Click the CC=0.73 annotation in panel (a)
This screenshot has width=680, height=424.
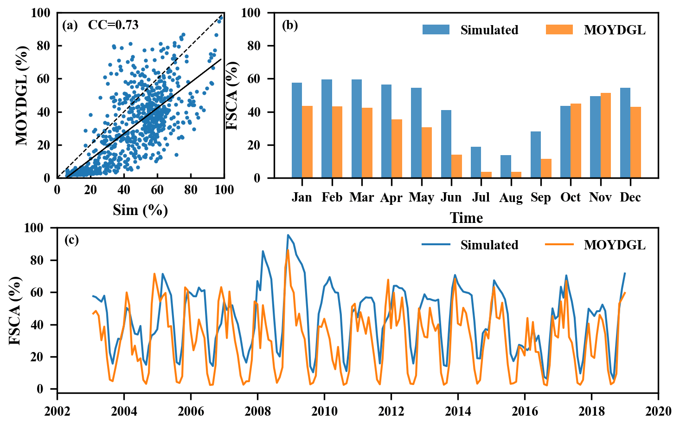(x=113, y=25)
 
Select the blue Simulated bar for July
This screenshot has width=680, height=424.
(x=476, y=162)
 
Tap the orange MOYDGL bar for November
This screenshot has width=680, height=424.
(x=606, y=135)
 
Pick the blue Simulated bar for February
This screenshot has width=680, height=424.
(x=327, y=129)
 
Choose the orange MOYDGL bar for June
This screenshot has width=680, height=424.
(x=457, y=166)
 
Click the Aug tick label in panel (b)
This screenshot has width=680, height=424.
(x=511, y=198)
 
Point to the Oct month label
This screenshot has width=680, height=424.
(x=571, y=197)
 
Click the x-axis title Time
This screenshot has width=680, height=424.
(x=466, y=218)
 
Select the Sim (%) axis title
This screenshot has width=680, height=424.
(x=140, y=210)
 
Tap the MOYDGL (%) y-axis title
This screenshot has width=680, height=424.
(x=22, y=96)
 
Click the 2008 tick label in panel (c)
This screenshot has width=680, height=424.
(x=257, y=411)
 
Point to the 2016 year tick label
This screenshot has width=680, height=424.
(x=525, y=411)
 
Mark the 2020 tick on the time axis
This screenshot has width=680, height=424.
(x=658, y=411)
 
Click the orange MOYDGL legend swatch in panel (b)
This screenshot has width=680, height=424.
(x=559, y=30)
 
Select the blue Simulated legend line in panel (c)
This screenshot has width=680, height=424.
(x=436, y=245)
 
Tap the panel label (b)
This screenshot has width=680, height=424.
(x=290, y=25)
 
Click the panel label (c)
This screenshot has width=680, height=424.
(x=71, y=240)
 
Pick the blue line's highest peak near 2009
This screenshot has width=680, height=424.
(x=288, y=235)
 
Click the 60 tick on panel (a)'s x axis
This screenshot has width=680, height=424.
(x=157, y=190)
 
